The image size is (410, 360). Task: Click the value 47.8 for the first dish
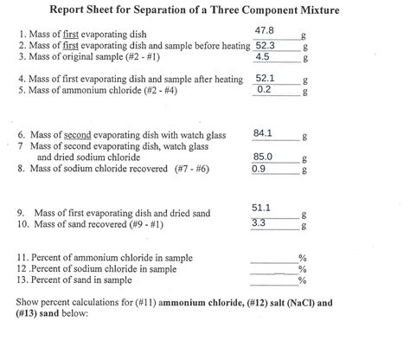click(266, 31)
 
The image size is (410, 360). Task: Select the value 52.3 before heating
click(266, 45)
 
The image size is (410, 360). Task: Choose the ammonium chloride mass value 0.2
click(265, 89)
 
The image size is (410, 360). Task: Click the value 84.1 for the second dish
click(263, 133)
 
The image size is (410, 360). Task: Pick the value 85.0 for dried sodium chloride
click(263, 157)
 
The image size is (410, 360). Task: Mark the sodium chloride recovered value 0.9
click(259, 169)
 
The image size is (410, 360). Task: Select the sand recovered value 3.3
click(259, 222)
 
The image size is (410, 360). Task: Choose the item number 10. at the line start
click(23, 224)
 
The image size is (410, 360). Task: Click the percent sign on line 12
click(303, 269)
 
